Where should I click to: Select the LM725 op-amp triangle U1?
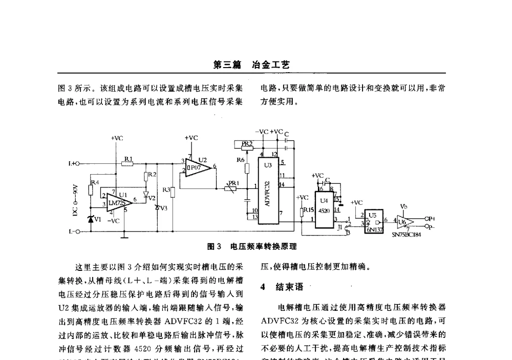click(117, 202)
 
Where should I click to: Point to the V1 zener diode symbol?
click(91, 219)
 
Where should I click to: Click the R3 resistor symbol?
click(173, 193)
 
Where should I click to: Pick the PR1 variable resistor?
click(230, 188)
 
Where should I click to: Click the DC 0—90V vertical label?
click(75, 200)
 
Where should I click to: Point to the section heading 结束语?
click(287, 287)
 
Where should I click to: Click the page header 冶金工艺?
click(271, 65)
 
